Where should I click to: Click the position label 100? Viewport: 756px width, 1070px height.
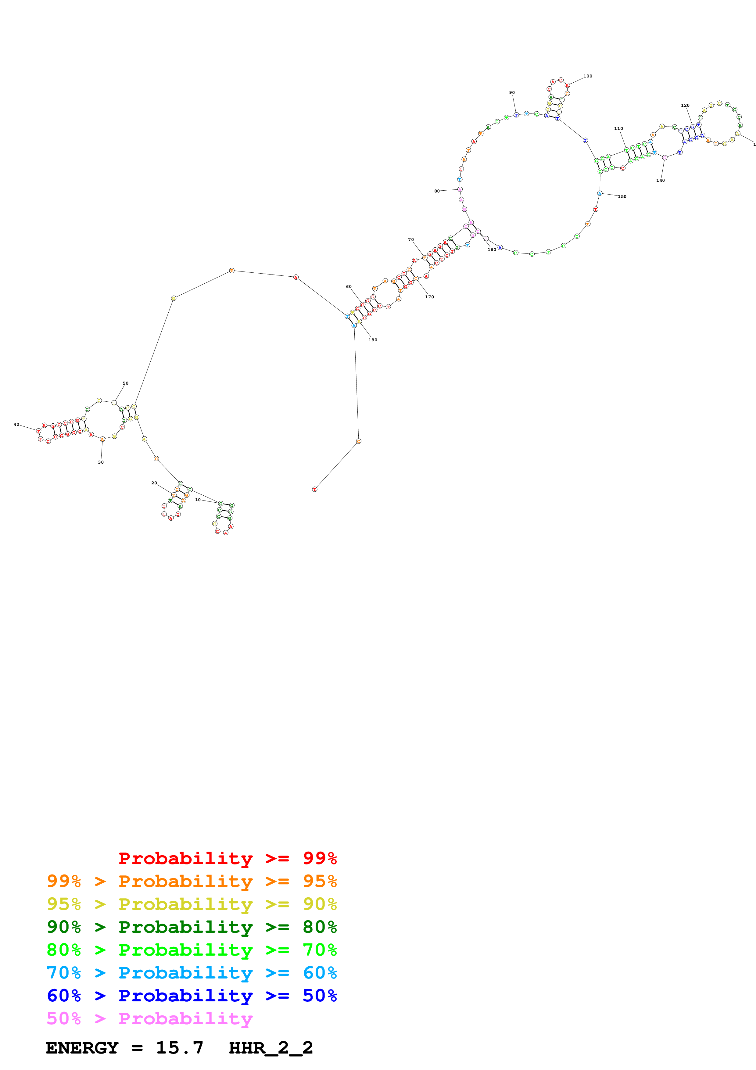click(x=588, y=76)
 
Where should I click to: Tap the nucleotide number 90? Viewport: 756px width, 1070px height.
click(x=512, y=92)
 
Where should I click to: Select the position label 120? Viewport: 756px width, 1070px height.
click(x=685, y=105)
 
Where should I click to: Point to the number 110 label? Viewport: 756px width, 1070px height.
click(x=618, y=129)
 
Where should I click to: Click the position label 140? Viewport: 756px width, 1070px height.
click(x=661, y=180)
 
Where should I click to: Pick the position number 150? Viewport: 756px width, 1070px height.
click(x=622, y=197)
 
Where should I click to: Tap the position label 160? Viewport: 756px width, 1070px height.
click(x=492, y=250)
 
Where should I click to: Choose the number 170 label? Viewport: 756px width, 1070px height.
click(x=429, y=297)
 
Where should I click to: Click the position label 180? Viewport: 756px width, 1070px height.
click(x=373, y=340)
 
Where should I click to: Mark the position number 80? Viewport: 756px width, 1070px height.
click(x=437, y=191)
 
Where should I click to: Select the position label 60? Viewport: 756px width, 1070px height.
click(x=349, y=287)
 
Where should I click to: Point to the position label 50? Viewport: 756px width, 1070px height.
click(x=125, y=383)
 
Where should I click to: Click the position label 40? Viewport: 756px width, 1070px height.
click(x=16, y=425)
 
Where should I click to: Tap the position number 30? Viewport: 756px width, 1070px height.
click(x=101, y=462)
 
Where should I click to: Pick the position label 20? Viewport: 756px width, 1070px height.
click(x=154, y=483)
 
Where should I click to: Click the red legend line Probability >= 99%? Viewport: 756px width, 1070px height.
click(x=227, y=858)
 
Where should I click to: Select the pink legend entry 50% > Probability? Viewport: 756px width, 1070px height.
click(x=149, y=1019)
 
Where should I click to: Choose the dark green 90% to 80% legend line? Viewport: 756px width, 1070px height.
click(x=192, y=927)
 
